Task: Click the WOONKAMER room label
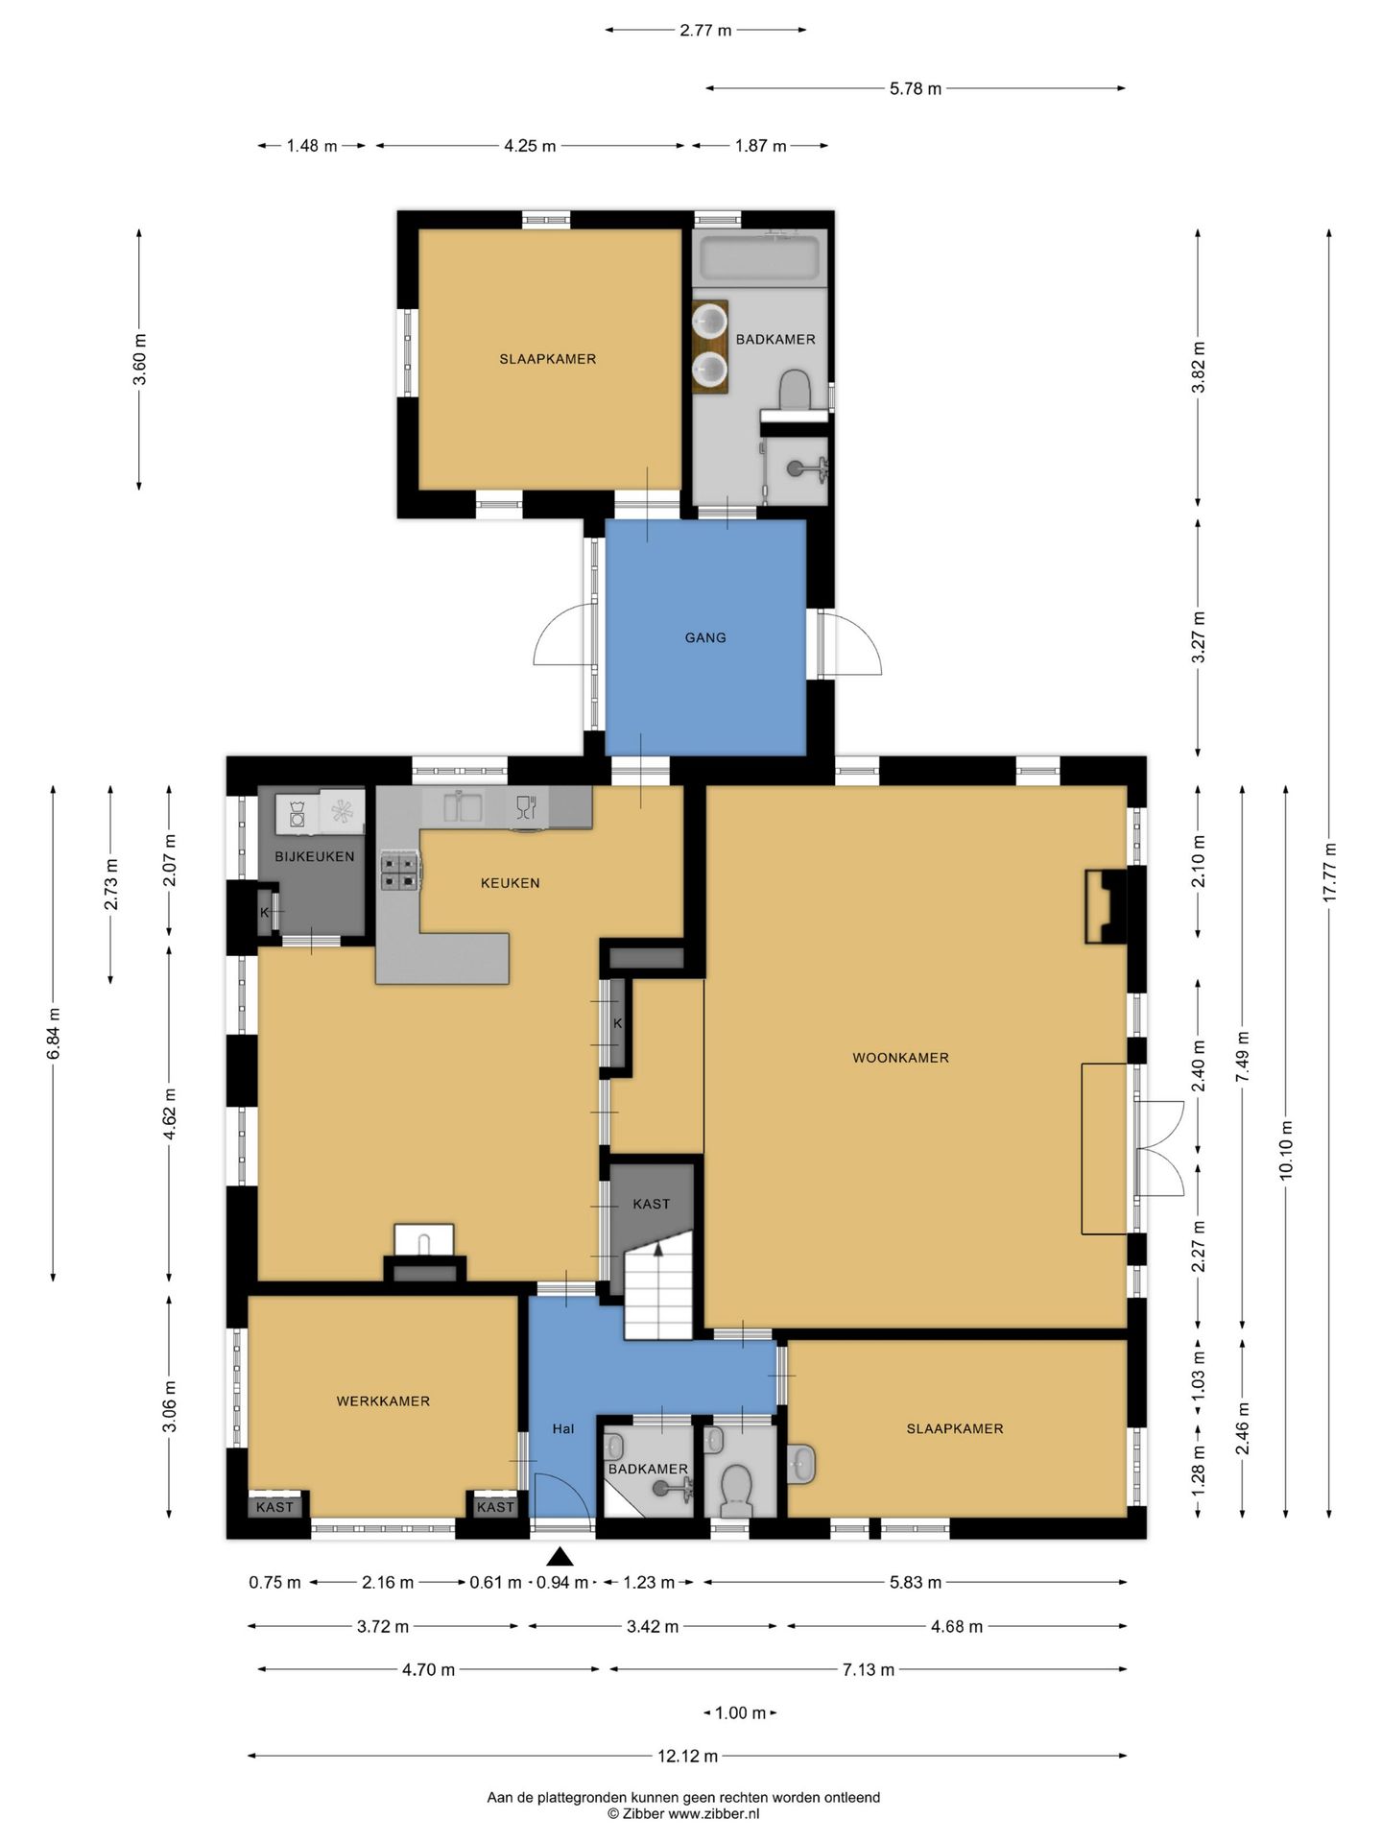900,1058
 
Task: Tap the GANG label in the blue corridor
705,637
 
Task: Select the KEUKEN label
510,883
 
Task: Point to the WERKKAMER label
383,1401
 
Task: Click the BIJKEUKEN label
315,856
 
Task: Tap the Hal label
563,1428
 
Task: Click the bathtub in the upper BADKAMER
760,257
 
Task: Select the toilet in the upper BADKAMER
795,390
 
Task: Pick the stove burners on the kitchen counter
400,871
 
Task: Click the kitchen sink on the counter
463,806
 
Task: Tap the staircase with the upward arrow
658,1290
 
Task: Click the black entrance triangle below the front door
560,1555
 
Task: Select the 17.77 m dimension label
1329,872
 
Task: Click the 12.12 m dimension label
687,1757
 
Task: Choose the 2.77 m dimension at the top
705,30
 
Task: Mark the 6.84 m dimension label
54,1033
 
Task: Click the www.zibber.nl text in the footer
714,1813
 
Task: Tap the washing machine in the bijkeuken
297,814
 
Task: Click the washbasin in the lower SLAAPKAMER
801,1464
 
